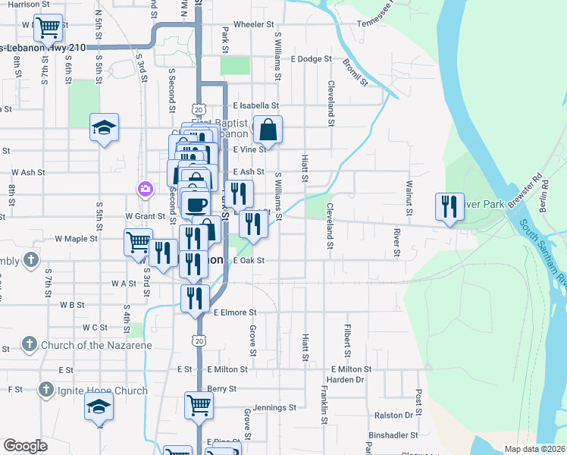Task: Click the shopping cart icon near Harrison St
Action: [49, 28]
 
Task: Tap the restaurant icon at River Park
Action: [449, 206]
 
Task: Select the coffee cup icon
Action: [196, 204]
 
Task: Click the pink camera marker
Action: [143, 188]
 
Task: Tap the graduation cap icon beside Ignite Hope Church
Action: [99, 407]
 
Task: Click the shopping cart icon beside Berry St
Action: [199, 405]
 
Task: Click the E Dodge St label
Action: [312, 58]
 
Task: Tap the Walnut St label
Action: [408, 203]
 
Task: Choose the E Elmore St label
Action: [235, 312]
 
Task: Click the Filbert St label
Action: [347, 341]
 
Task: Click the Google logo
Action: [25, 445]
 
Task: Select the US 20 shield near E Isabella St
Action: [199, 111]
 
